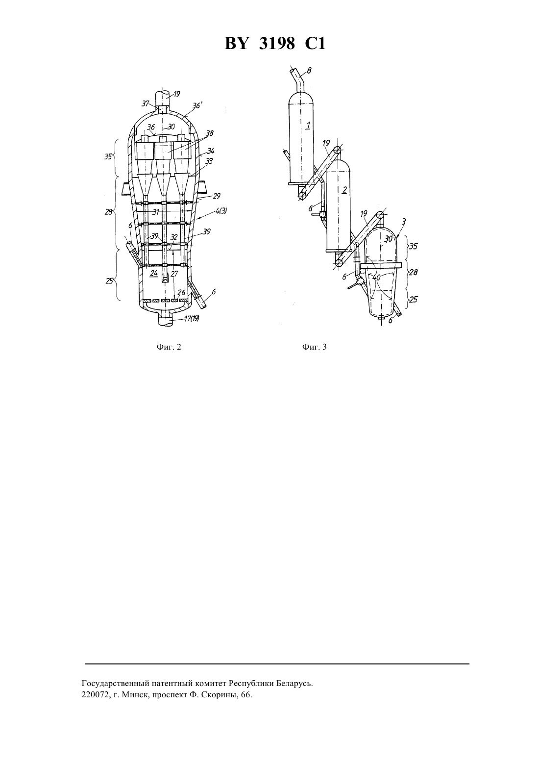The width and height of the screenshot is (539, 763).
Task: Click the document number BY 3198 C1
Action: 275,44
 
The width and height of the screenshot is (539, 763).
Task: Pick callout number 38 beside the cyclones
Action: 210,133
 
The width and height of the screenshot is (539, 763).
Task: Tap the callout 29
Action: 216,196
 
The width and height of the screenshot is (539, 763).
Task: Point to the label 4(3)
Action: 220,211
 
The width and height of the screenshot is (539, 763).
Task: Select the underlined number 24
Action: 154,273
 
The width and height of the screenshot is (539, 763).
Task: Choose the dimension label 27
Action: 174,274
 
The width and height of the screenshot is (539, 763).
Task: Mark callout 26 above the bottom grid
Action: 182,293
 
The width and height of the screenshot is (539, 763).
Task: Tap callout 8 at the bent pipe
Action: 309,71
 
